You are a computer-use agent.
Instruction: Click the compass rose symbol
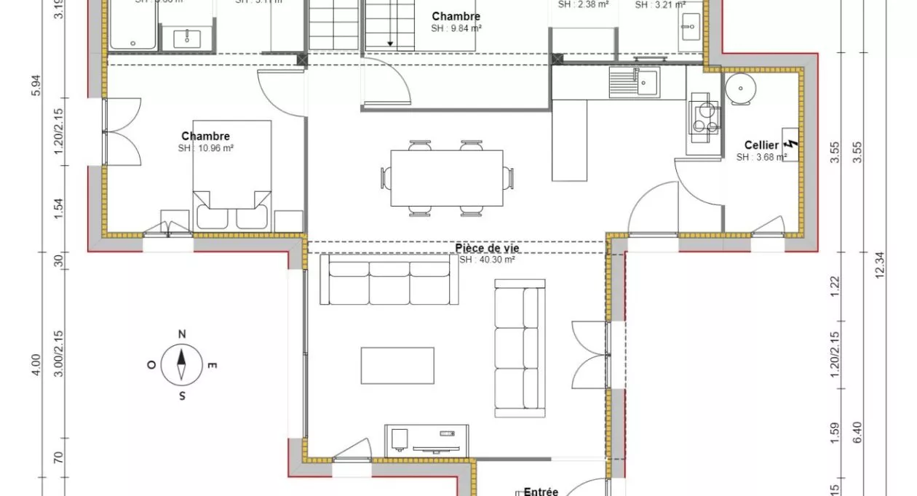(182, 365)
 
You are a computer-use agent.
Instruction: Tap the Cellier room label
(761, 145)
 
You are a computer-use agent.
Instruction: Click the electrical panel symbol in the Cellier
(791, 148)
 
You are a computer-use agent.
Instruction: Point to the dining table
(447, 178)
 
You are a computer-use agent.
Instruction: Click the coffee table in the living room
(397, 365)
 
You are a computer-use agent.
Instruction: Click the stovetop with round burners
(703, 116)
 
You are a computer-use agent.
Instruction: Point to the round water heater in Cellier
(741, 88)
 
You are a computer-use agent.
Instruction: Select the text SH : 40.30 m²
(487, 260)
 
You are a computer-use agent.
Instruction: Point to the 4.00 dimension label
(36, 365)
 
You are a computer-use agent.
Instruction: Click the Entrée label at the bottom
(541, 492)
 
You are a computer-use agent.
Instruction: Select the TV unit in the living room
(426, 439)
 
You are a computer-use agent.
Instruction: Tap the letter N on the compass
(182, 335)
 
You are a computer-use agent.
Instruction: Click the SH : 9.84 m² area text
(456, 28)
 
